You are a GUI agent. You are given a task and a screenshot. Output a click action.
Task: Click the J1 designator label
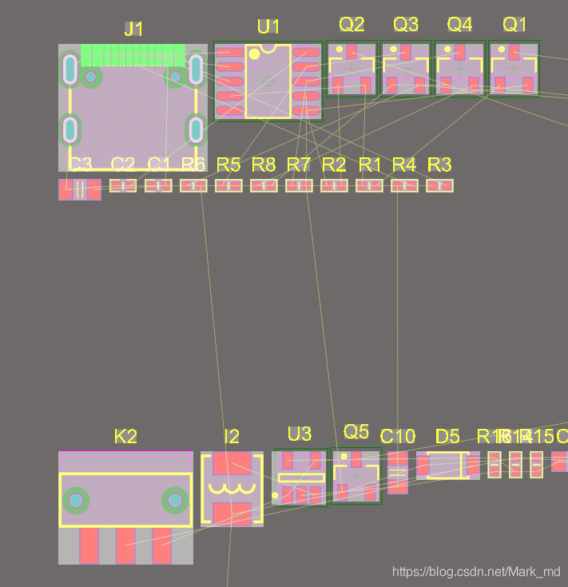click(x=133, y=30)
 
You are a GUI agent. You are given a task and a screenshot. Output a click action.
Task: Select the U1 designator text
click(x=268, y=26)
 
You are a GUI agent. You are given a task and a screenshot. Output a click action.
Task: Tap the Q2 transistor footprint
click(x=352, y=69)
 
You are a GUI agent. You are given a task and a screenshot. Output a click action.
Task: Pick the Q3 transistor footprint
click(x=406, y=69)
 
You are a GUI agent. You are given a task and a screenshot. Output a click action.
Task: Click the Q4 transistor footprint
click(x=459, y=69)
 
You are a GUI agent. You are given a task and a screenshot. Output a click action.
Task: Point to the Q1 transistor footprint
click(x=514, y=69)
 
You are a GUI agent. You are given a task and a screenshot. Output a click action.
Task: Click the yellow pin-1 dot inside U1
click(x=254, y=54)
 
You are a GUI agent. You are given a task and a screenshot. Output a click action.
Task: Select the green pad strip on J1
click(x=133, y=55)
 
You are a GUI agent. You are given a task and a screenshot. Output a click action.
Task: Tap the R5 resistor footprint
click(x=228, y=185)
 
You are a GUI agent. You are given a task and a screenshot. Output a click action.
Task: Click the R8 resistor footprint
click(x=264, y=185)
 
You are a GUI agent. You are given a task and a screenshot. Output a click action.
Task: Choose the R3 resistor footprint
click(x=439, y=185)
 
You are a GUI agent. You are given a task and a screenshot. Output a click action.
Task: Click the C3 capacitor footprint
click(x=80, y=189)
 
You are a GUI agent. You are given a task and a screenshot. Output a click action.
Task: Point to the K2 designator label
click(x=125, y=436)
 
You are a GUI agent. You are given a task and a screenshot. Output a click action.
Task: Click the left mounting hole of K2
click(x=76, y=501)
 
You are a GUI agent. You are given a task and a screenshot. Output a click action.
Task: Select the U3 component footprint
click(x=300, y=478)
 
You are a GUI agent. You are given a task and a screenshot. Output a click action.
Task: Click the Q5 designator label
click(x=356, y=432)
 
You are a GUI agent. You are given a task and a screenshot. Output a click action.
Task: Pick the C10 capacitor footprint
click(x=398, y=472)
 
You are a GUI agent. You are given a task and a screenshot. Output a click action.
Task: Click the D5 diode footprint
click(x=447, y=465)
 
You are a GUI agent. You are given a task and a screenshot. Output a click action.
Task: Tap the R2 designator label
click(x=334, y=165)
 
